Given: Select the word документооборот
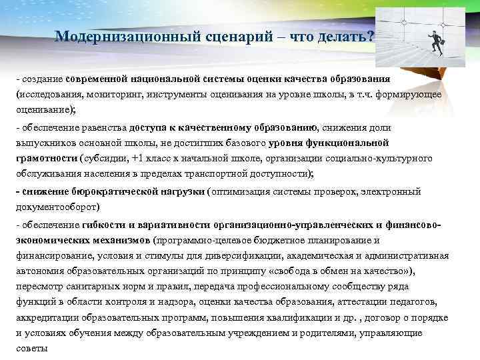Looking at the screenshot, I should point(51,207).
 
